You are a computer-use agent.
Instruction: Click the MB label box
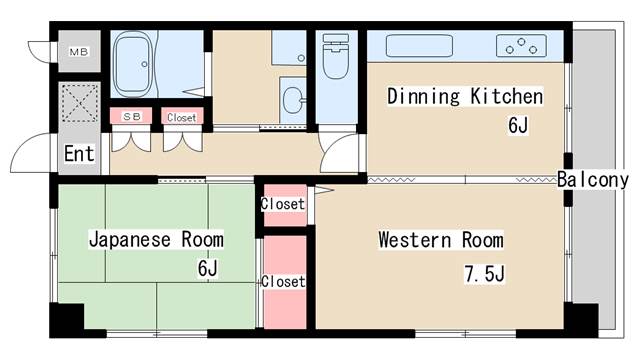(x=79, y=52)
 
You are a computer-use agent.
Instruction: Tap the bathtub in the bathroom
(x=133, y=64)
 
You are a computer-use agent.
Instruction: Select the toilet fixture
(x=336, y=56)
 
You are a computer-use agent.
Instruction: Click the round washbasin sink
(x=293, y=100)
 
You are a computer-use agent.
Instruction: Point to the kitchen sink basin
(x=419, y=46)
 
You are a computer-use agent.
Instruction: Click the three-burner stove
(x=521, y=46)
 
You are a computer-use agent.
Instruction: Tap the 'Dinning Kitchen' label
(x=465, y=97)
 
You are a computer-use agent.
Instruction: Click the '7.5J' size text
(x=484, y=273)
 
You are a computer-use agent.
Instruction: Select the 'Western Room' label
(x=441, y=240)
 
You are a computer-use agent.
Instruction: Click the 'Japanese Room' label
(x=156, y=239)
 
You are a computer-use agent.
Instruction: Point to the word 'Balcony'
(x=593, y=180)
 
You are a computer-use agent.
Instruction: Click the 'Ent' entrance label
(x=79, y=154)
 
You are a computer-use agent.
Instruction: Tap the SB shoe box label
(x=132, y=117)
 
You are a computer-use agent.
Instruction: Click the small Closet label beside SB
(x=182, y=118)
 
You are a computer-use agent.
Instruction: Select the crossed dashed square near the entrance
(x=80, y=103)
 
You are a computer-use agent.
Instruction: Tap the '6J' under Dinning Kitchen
(x=518, y=125)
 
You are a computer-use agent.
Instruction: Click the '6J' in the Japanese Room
(x=208, y=268)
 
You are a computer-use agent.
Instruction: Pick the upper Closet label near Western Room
(x=283, y=204)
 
